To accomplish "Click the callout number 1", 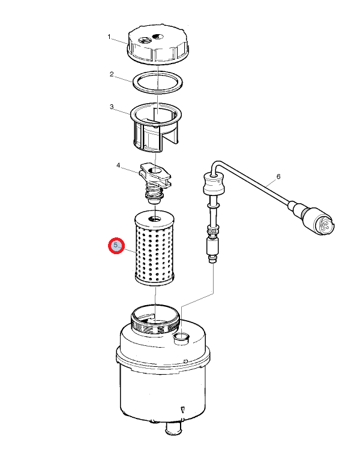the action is point(109,37).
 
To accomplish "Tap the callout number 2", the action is point(112,74).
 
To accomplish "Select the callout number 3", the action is point(112,107).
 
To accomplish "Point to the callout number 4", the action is point(118,165).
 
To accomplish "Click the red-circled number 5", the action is point(116,246).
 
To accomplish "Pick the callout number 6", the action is point(278,177).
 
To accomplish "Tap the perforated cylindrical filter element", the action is point(155,247).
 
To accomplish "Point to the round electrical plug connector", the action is point(318,222).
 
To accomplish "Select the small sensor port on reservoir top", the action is point(181,338).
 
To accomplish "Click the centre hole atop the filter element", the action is point(155,219).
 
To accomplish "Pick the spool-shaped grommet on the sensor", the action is point(212,184).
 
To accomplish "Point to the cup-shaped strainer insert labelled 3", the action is point(156,127).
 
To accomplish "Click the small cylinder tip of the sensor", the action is point(212,260).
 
